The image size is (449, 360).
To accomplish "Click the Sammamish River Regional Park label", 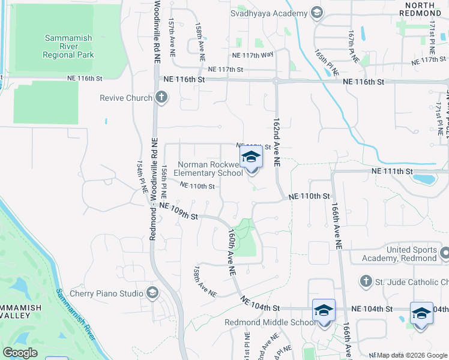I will tap(68, 46).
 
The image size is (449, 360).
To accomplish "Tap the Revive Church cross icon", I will tap(160, 97).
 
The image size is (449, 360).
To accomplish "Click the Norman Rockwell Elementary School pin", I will tap(252, 160).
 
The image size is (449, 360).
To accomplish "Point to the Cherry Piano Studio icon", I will tap(152, 293).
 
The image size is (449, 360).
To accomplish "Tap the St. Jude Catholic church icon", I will tap(365, 281).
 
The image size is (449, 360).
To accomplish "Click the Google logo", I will tap(20, 353).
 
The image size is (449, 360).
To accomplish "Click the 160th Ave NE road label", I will tap(231, 254).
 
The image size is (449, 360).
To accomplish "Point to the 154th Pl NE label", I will tap(143, 176).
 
